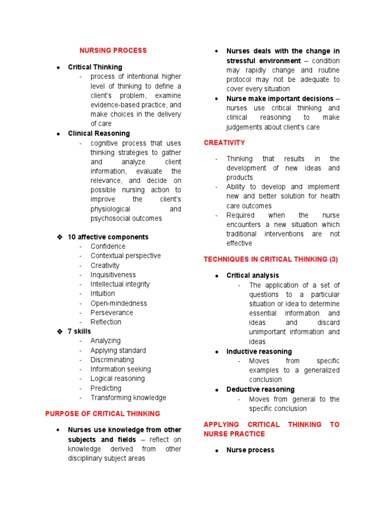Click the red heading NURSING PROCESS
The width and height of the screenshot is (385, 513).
click(113, 51)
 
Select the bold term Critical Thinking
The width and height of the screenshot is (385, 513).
click(95, 67)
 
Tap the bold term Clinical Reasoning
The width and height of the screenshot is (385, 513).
click(99, 134)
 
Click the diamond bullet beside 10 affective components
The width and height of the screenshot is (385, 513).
click(59, 237)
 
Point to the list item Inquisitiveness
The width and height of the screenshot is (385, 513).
click(113, 275)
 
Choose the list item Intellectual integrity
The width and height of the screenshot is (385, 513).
click(120, 285)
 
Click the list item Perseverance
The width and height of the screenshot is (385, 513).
click(112, 313)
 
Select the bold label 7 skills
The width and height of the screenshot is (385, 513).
click(79, 332)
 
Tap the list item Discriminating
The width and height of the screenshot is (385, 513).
click(112, 360)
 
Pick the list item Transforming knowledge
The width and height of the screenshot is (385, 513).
click(128, 398)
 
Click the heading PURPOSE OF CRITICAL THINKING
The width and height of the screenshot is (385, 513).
click(103, 414)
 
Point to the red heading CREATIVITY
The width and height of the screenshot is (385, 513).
click(225, 143)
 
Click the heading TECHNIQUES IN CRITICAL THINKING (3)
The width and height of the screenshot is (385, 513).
click(271, 260)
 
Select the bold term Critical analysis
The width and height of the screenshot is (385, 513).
click(253, 276)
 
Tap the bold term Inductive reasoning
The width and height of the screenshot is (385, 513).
click(259, 352)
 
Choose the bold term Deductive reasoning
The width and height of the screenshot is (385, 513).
click(260, 390)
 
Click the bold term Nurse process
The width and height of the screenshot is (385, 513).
click(250, 450)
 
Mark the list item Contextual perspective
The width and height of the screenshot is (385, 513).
click(125, 256)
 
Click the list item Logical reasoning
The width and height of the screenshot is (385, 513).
click(117, 379)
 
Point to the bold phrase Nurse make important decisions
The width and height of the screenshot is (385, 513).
click(280, 99)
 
